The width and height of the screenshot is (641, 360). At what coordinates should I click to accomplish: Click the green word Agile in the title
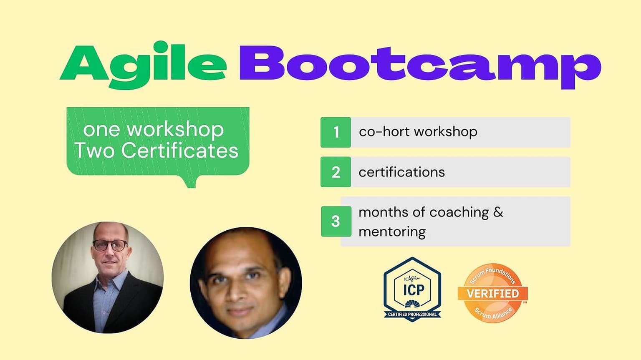click(143, 65)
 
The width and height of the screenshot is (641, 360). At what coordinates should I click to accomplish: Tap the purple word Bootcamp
click(420, 67)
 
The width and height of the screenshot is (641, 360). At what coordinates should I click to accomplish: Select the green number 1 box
click(336, 132)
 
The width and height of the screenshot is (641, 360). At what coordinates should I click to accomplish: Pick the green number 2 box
click(336, 172)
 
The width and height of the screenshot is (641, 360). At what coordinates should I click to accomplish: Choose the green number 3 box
click(336, 222)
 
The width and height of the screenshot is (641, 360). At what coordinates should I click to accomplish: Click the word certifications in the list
click(401, 172)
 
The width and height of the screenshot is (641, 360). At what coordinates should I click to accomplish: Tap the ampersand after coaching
click(498, 212)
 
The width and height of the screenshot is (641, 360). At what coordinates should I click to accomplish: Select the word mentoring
click(392, 232)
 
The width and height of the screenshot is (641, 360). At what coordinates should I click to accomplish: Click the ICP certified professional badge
click(412, 289)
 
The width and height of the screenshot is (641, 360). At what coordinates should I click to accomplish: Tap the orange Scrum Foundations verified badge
click(493, 293)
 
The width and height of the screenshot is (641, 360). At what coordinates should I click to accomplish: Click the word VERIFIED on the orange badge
click(493, 294)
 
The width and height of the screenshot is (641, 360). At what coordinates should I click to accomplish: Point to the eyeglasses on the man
click(110, 245)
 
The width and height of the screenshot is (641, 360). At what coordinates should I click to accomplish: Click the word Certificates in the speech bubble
click(180, 151)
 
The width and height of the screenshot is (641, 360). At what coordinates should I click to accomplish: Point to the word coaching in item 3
click(459, 213)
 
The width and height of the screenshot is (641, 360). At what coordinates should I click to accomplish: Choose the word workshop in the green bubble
click(175, 130)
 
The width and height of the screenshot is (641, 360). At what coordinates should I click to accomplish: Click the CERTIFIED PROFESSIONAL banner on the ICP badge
click(412, 315)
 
